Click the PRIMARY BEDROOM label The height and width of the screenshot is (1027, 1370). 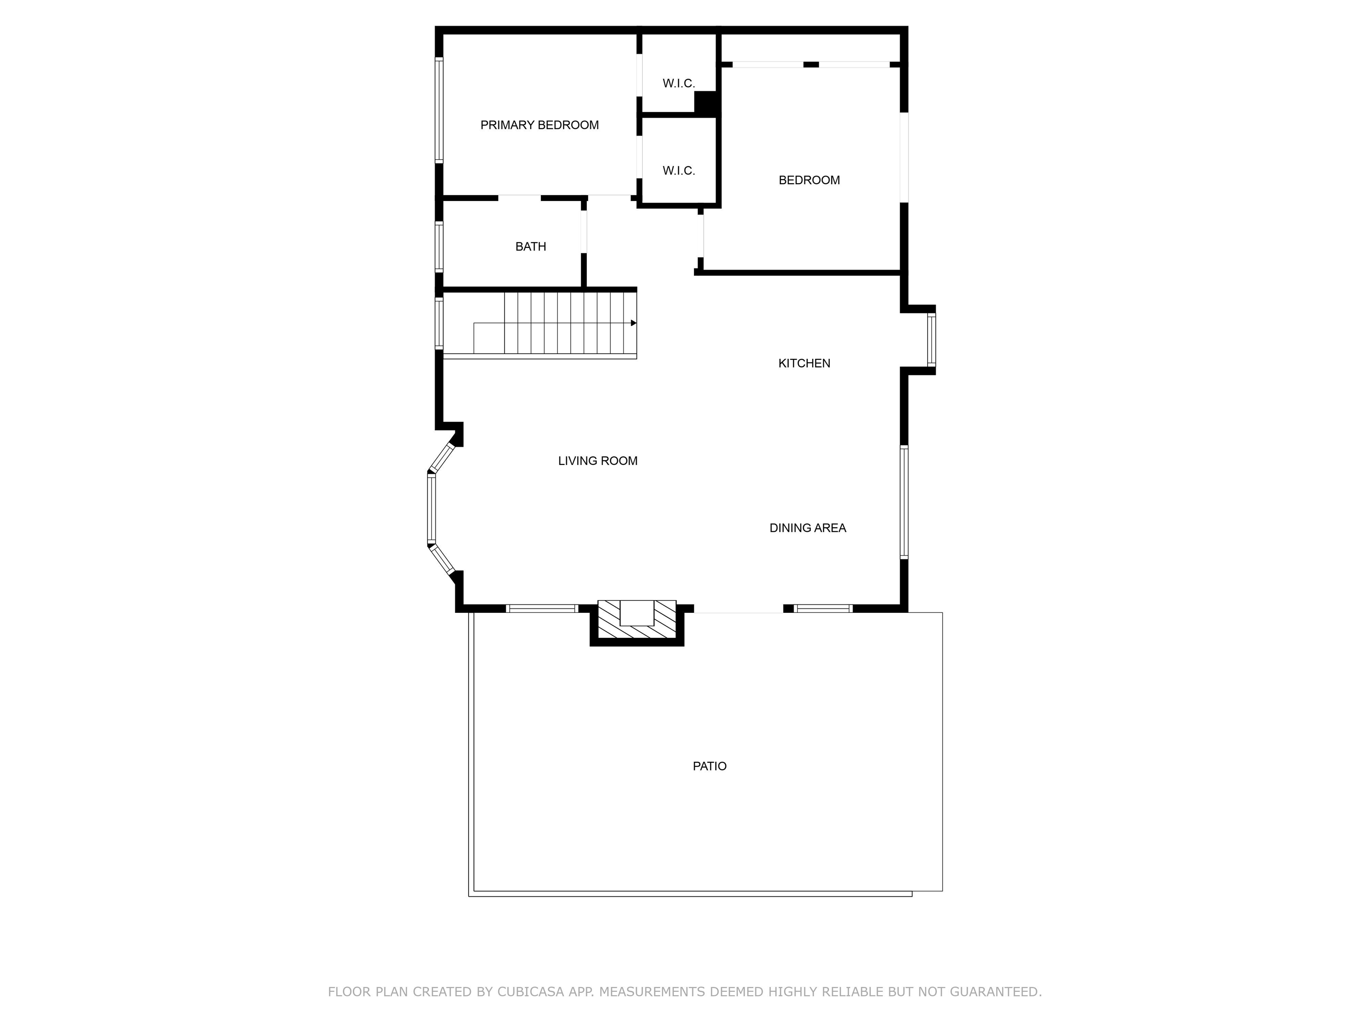pyautogui.click(x=540, y=125)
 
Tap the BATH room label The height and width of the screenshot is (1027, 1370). pyautogui.click(x=531, y=246)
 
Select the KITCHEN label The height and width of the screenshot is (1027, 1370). pyautogui.click(x=804, y=363)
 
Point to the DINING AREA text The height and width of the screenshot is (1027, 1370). pyautogui.click(x=808, y=528)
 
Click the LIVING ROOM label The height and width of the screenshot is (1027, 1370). pyautogui.click(x=598, y=460)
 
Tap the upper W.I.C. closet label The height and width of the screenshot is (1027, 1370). pyautogui.click(x=679, y=83)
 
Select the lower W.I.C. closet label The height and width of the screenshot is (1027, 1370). pyautogui.click(x=679, y=171)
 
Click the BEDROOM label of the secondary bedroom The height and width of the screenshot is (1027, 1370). pyautogui.click(x=809, y=180)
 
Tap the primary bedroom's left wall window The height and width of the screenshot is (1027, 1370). pyautogui.click(x=439, y=110)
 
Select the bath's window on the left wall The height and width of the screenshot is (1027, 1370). pyautogui.click(x=439, y=246)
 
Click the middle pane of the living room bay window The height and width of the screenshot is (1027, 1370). pyautogui.click(x=432, y=509)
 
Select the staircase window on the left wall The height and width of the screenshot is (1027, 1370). pyautogui.click(x=439, y=323)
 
